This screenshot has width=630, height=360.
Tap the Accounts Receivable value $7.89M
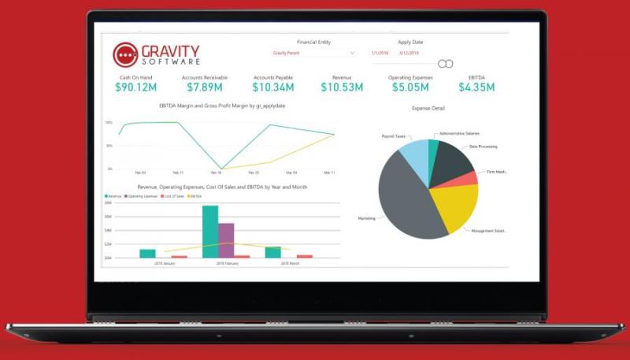tap(203, 87)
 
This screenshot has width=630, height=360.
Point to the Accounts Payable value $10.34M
tap(274, 87)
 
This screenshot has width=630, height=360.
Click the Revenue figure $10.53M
tap(342, 87)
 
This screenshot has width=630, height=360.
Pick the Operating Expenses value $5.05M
tap(409, 87)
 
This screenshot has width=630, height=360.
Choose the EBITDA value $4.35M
tap(476, 87)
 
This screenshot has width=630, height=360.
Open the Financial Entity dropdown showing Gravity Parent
tap(313, 53)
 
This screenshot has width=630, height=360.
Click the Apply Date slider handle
tap(445, 63)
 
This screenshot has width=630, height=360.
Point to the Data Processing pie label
tap(484, 147)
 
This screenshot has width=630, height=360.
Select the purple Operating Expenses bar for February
tap(226, 240)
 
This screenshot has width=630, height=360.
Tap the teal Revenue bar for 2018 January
tap(147, 253)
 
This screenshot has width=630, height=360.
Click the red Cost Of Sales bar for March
tap(304, 256)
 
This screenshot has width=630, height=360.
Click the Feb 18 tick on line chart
tap(215, 173)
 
